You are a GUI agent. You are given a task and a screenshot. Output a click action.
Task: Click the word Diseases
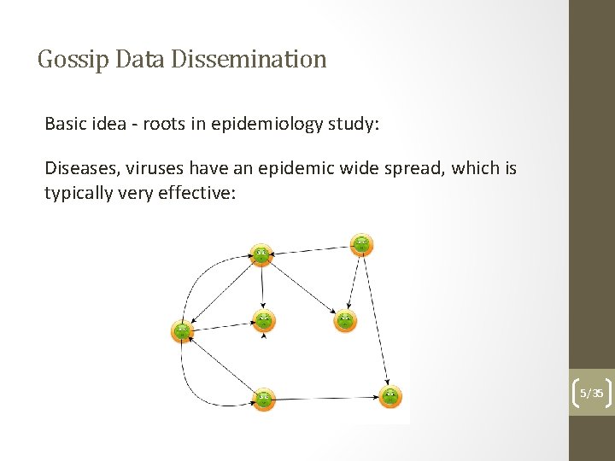(x=78, y=168)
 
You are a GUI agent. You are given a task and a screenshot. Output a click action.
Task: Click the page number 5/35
(x=591, y=394)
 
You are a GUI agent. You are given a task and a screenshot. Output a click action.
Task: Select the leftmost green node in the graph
(x=182, y=332)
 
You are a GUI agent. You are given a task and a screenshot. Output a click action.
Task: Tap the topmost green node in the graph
(x=362, y=244)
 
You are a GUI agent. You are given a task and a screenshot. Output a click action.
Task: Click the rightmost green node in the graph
(x=389, y=396)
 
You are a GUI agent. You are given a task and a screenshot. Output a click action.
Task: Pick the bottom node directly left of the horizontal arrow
(x=263, y=398)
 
